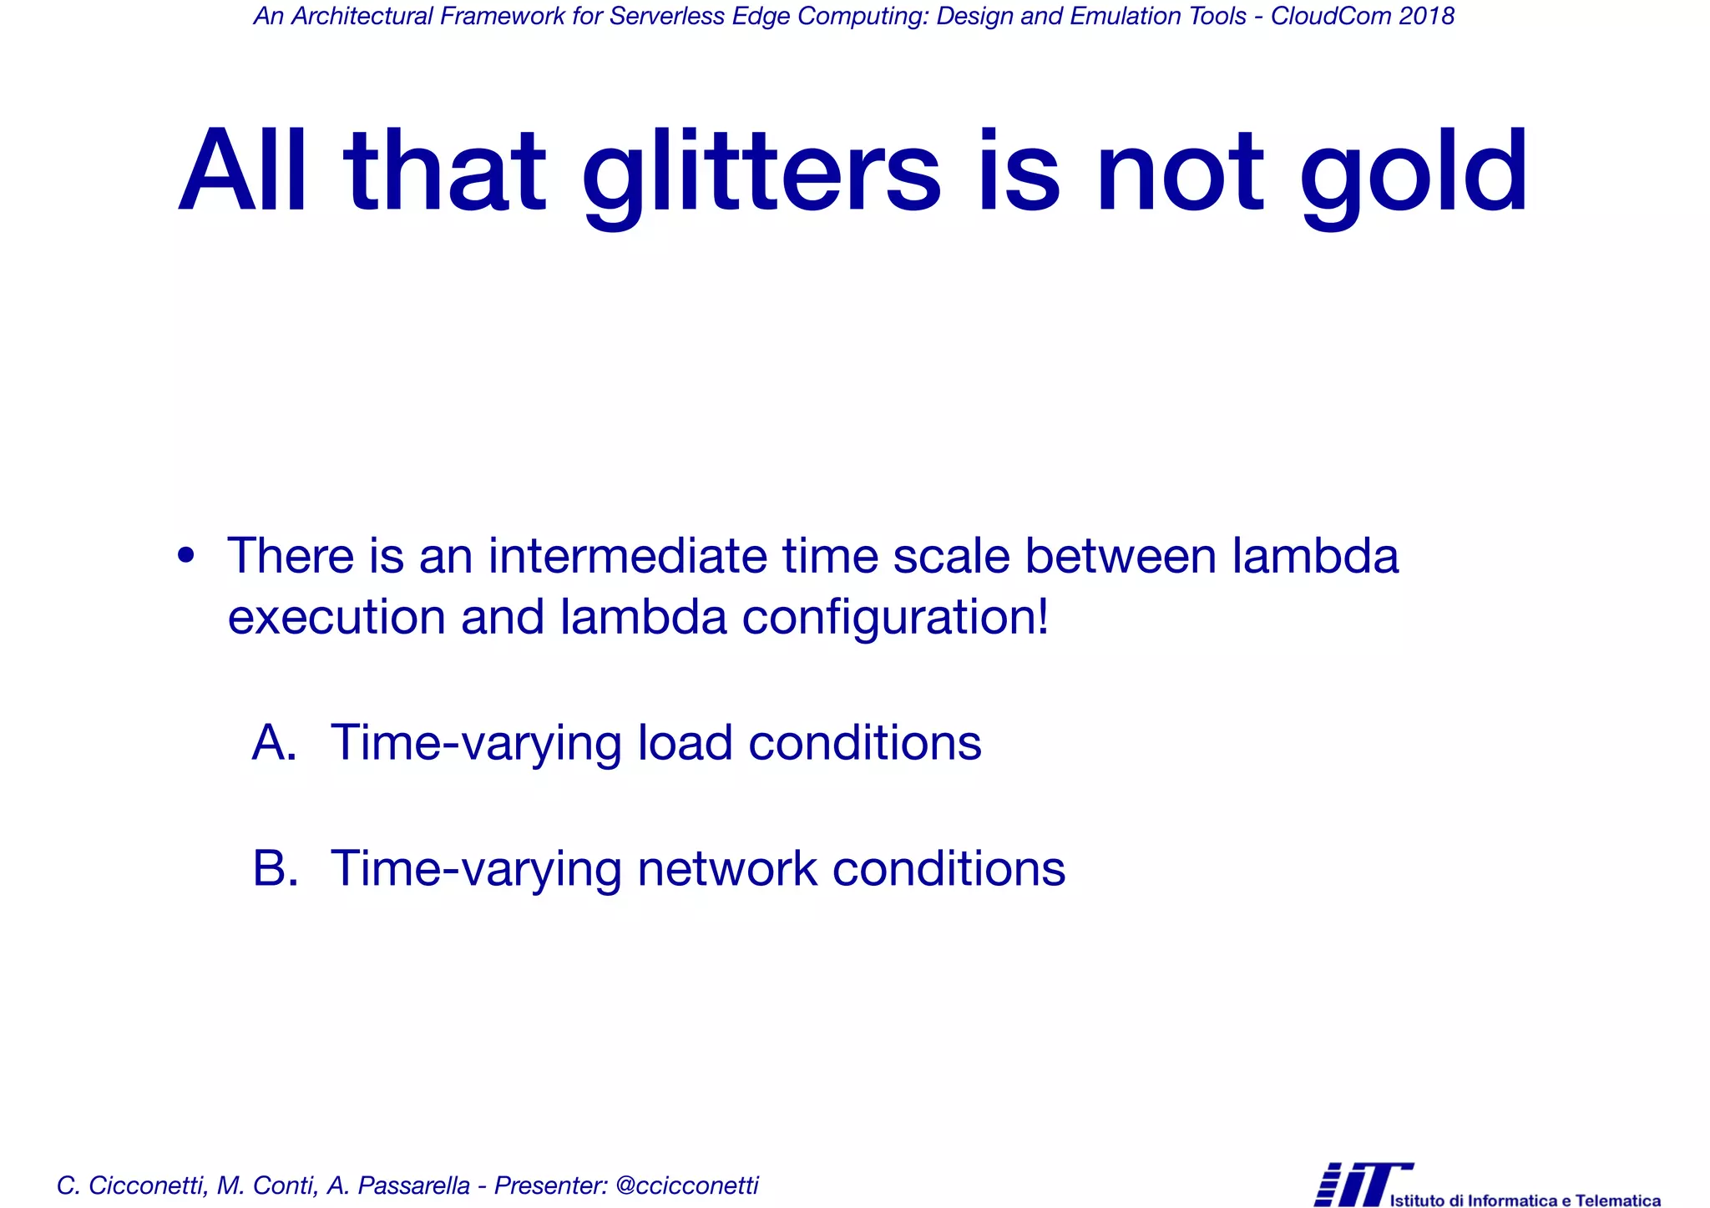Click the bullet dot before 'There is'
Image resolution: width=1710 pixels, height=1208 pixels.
click(186, 555)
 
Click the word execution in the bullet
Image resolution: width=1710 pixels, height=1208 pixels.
click(336, 617)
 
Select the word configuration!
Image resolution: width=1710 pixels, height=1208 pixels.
click(894, 619)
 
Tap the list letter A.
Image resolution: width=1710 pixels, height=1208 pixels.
click(274, 742)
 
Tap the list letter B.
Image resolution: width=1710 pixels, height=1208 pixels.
click(275, 868)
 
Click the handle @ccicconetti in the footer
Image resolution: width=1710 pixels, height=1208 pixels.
click(686, 1185)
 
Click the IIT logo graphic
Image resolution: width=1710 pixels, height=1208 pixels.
click(1361, 1184)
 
